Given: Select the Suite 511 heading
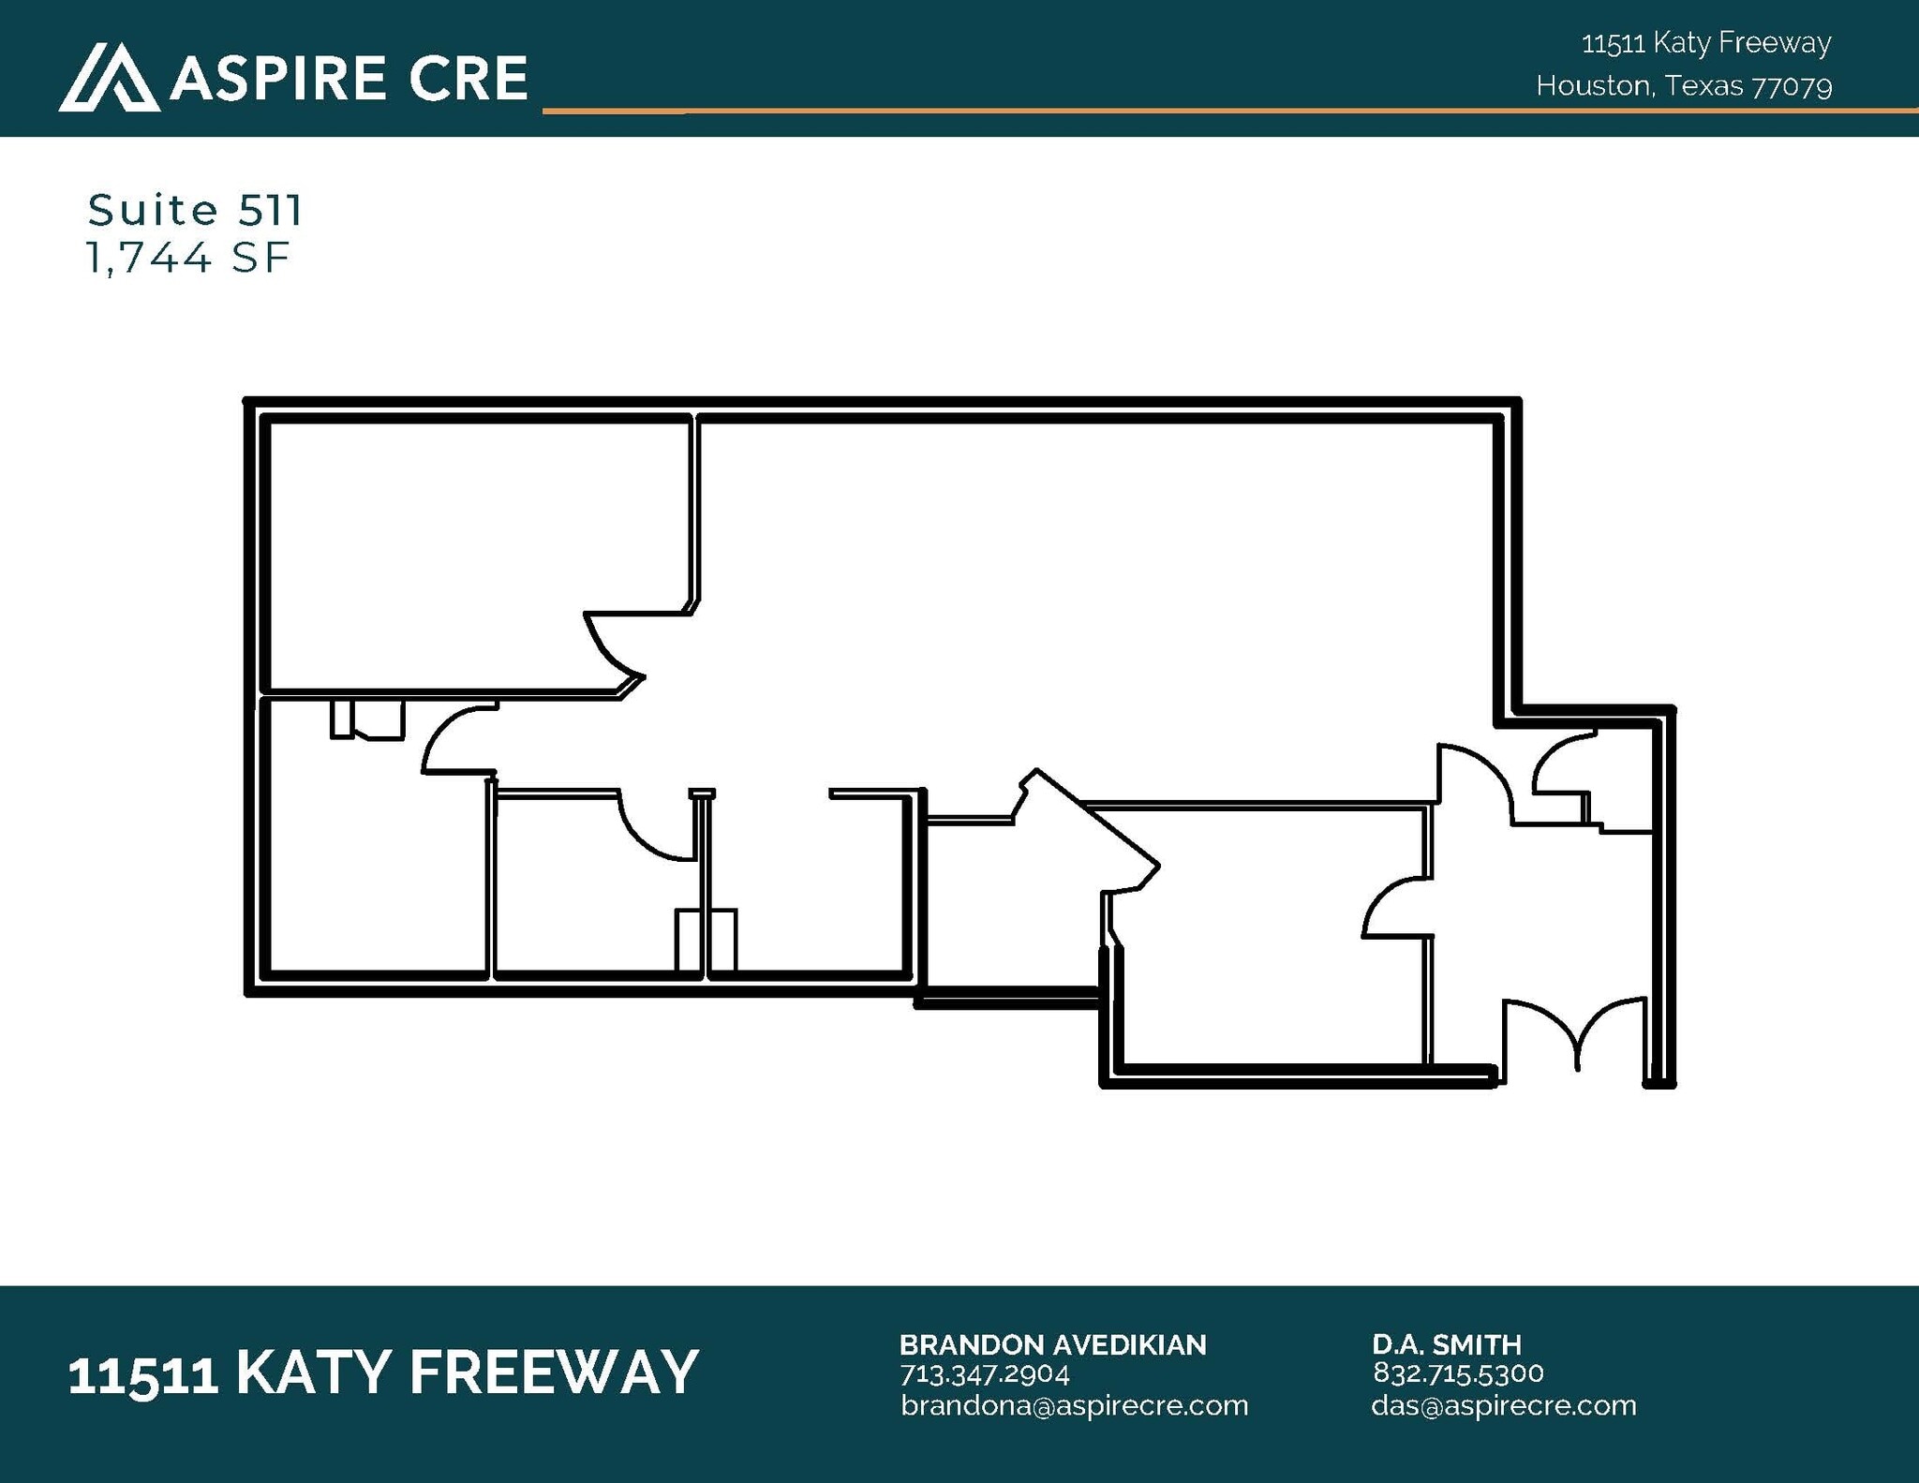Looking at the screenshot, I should click(x=195, y=210).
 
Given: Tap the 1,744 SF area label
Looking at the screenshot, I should click(x=187, y=258).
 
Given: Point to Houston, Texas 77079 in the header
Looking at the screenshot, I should click(x=1684, y=86).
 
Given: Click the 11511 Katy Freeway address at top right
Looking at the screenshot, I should click(x=1706, y=43).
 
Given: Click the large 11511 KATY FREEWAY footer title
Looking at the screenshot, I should click(x=383, y=1372).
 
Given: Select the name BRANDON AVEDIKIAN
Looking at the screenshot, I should click(x=1052, y=1344).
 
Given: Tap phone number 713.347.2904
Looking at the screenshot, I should click(x=984, y=1373).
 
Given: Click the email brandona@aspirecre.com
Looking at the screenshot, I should click(x=1074, y=1405).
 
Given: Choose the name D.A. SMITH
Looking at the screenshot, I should click(x=1447, y=1344).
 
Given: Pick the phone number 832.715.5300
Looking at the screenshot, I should click(x=1458, y=1373).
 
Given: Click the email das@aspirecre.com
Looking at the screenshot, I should click(x=1503, y=1405).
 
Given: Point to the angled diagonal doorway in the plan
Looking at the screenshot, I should click(x=1092, y=824).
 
